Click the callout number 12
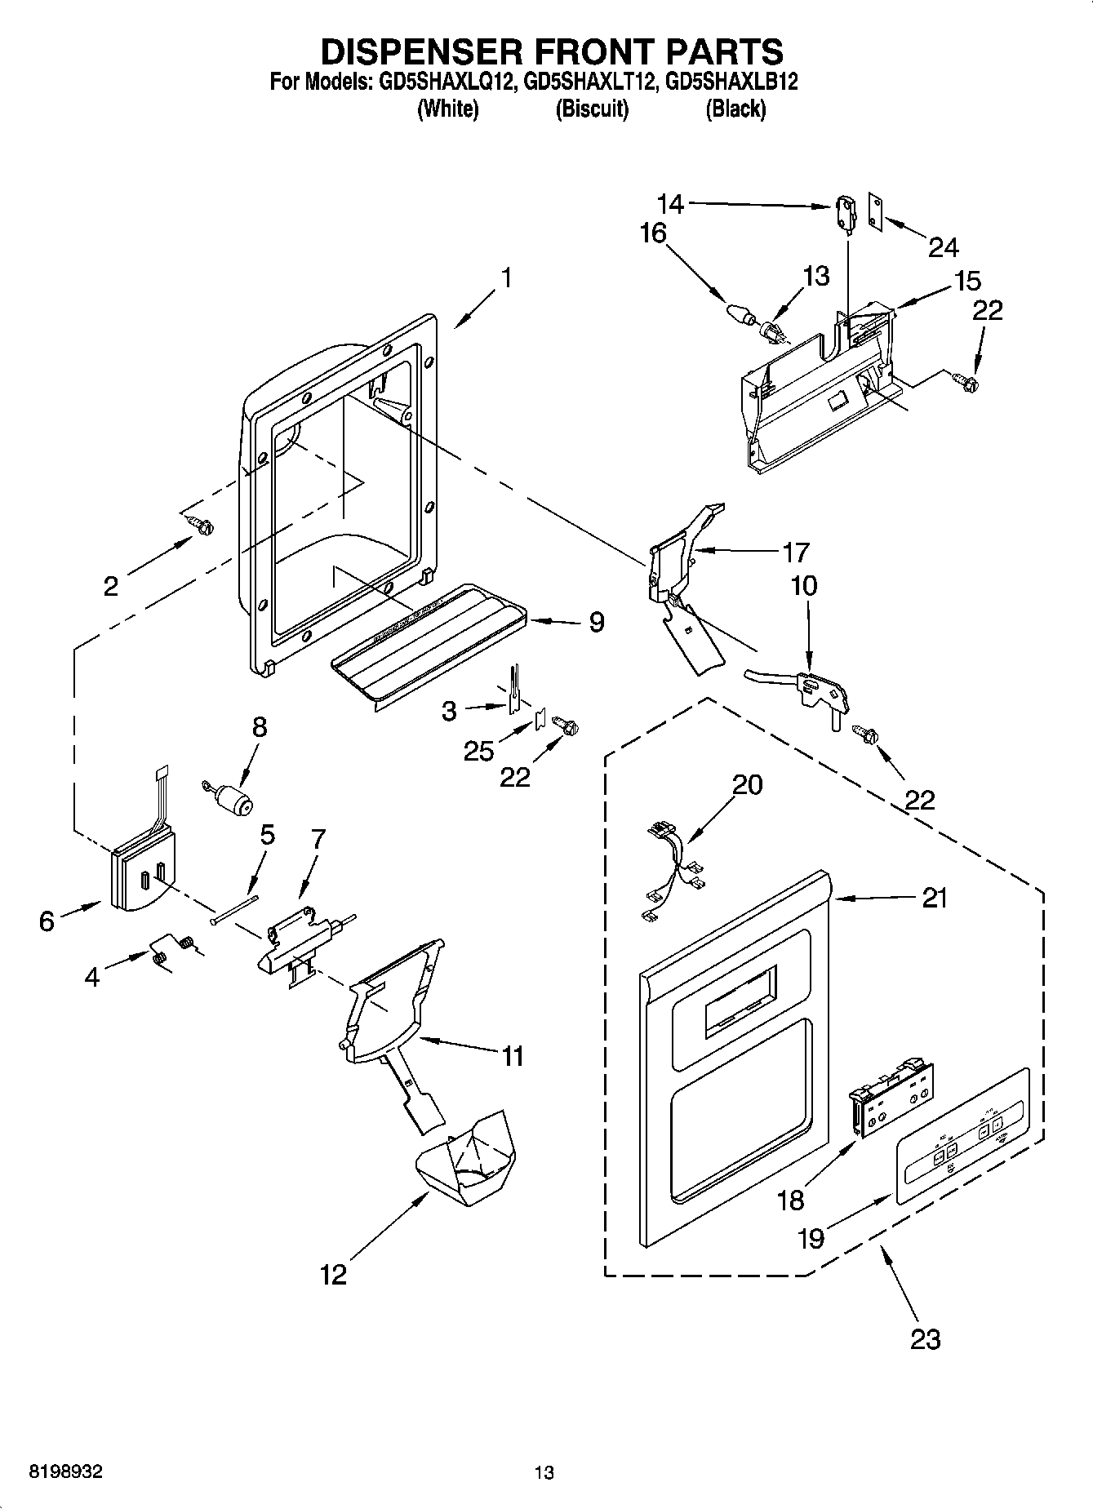[333, 1274]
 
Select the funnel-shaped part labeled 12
[465, 1159]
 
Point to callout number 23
[924, 1338]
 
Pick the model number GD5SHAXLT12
[590, 82]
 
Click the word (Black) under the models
[735, 109]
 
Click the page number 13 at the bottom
[544, 1473]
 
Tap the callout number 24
[943, 246]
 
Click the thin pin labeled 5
[234, 908]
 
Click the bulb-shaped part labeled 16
[738, 313]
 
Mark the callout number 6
[47, 921]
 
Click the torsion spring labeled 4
[171, 948]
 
